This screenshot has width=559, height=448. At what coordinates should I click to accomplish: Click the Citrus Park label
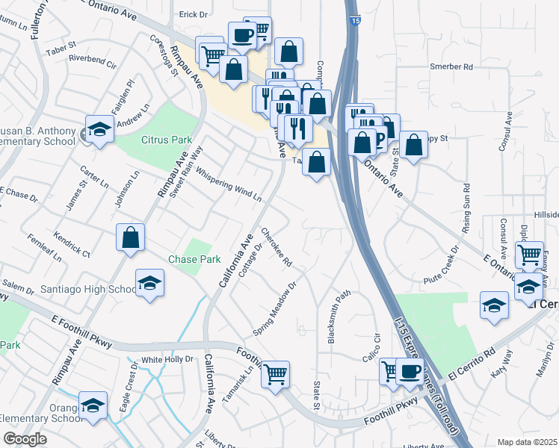tap(167, 140)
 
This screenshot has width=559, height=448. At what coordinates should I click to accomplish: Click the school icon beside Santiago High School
tap(149, 283)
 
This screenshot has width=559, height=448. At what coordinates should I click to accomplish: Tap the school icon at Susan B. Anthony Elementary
tap(99, 130)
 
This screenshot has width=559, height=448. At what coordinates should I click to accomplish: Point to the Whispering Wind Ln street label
tap(229, 185)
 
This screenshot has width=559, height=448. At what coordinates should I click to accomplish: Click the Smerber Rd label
tap(452, 66)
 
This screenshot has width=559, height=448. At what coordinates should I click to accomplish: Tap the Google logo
tap(25, 439)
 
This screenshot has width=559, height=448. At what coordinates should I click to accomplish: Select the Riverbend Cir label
tap(93, 61)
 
